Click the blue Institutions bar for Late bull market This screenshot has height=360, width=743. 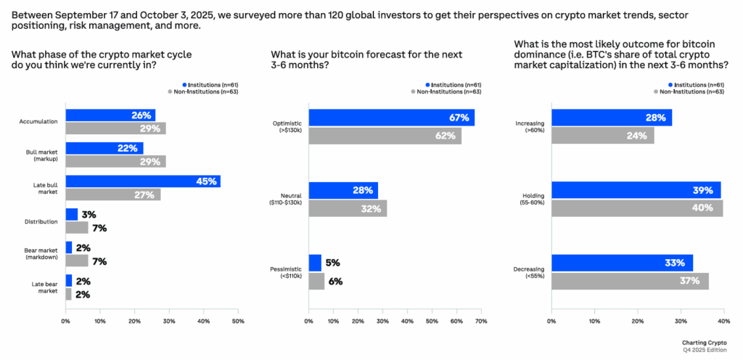click(x=142, y=181)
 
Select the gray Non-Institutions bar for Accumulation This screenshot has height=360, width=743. click(x=115, y=128)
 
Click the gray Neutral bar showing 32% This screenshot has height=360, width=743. click(x=348, y=208)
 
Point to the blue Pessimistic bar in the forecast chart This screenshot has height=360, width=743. click(x=315, y=263)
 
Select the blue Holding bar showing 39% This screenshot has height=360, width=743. click(x=636, y=190)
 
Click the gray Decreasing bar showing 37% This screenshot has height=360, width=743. click(x=630, y=281)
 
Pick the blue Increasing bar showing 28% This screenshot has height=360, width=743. click(x=612, y=118)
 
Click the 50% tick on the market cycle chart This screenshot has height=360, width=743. click(x=237, y=321)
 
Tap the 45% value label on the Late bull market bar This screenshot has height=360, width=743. click(x=206, y=181)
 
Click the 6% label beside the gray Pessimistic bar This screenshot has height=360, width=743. click(x=335, y=281)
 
